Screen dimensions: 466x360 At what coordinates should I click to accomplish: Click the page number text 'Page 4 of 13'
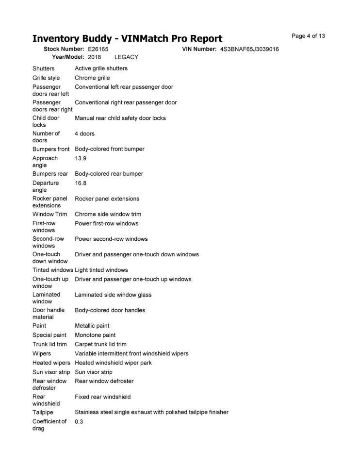(308, 36)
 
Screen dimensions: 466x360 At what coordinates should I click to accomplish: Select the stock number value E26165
(98, 49)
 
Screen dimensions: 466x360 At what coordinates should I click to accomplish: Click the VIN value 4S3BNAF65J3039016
(249, 49)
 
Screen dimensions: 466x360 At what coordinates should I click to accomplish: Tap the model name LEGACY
(126, 57)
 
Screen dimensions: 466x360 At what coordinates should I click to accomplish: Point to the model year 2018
(95, 57)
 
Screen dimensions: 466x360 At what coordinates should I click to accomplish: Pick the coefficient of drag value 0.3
(79, 421)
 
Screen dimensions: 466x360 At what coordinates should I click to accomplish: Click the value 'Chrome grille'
(92, 78)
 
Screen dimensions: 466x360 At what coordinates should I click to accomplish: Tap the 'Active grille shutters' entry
(101, 68)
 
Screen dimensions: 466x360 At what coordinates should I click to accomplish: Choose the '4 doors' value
(84, 133)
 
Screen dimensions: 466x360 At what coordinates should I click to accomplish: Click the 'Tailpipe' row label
(43, 412)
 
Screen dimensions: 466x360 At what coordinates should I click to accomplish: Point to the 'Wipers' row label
(42, 353)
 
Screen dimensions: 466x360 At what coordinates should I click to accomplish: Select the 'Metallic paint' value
(92, 326)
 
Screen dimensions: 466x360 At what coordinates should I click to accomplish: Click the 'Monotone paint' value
(95, 335)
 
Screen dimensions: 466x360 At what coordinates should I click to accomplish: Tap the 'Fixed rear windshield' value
(102, 397)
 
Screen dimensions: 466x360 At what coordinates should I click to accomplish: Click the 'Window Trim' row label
(49, 214)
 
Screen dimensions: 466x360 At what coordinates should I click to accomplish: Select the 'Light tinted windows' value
(101, 270)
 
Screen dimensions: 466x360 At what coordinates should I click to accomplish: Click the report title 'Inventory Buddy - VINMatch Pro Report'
(127, 38)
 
